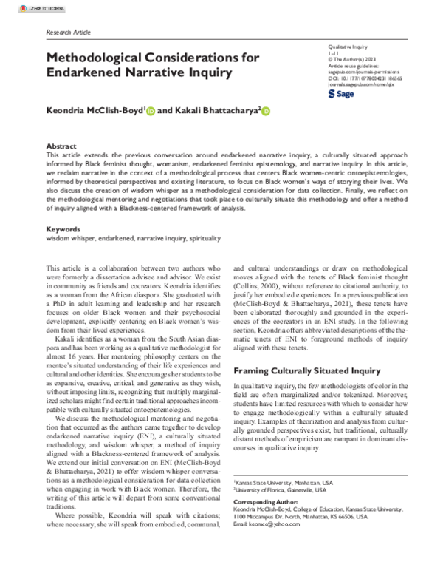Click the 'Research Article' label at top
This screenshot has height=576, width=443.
pyautogui.click(x=68, y=33)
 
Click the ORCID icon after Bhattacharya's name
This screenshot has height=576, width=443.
pyautogui.click(x=266, y=112)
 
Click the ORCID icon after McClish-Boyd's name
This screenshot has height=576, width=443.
pyautogui.click(x=151, y=112)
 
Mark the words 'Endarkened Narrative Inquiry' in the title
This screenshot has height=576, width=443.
pyautogui.click(x=140, y=73)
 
